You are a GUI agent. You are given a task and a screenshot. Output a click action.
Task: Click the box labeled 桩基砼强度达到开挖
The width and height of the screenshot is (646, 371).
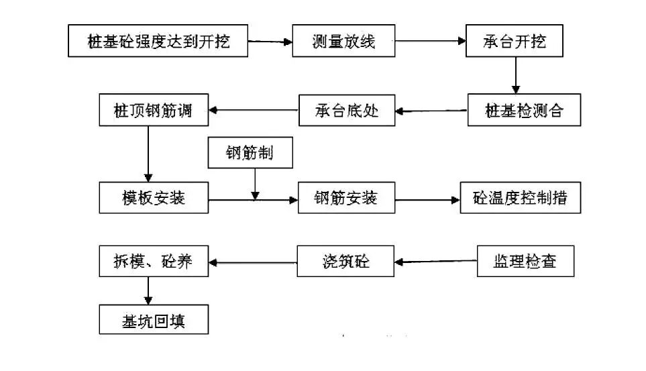click(158, 42)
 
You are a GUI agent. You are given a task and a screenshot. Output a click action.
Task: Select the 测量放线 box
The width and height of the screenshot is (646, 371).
click(343, 42)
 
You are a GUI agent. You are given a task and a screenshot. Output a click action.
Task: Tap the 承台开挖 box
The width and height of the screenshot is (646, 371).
click(515, 42)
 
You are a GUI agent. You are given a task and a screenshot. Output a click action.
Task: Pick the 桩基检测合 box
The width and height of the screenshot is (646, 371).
click(524, 110)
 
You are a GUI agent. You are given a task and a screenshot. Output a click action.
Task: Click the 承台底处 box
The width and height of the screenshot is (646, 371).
click(347, 110)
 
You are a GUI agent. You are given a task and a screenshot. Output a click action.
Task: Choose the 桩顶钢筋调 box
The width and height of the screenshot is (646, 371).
click(154, 110)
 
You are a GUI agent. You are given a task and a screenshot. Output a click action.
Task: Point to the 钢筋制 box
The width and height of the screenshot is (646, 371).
click(250, 154)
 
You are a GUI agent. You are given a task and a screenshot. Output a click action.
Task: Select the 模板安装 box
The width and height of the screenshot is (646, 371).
click(154, 198)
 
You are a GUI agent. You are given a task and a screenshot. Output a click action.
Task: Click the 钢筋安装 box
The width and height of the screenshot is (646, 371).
click(345, 198)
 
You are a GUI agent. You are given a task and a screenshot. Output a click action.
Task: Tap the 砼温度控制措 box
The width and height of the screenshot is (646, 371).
click(520, 198)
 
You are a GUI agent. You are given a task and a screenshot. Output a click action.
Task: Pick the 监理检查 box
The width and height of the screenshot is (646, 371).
click(526, 261)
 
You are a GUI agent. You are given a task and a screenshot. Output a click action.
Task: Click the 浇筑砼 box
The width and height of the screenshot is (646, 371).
click(345, 262)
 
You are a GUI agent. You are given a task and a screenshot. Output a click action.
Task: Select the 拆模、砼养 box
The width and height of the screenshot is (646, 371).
click(154, 262)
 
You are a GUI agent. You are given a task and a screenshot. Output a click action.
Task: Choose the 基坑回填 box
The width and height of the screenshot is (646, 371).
click(154, 319)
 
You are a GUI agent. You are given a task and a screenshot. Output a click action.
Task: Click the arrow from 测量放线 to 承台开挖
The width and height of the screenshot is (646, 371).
click(430, 42)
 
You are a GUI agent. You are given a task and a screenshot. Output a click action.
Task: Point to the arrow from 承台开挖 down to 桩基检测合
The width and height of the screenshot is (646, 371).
click(515, 76)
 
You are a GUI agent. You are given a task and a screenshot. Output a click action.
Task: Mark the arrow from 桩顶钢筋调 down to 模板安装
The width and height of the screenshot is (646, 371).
click(148, 154)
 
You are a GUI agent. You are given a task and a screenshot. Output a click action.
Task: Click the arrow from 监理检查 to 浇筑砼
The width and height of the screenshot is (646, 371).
click(436, 262)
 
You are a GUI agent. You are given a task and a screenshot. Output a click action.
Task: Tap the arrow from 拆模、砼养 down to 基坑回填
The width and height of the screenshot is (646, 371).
click(148, 290)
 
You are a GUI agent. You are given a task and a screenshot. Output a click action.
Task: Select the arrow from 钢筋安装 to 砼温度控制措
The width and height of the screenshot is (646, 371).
click(427, 199)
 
